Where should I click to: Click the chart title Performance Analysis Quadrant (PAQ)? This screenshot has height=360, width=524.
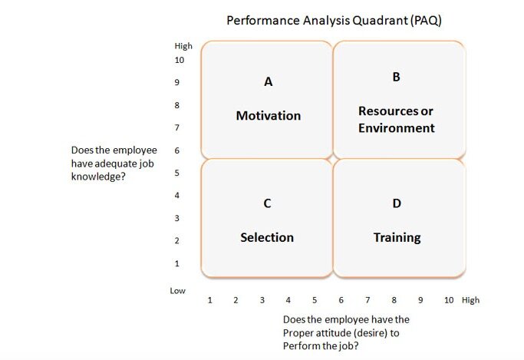coord(334,21)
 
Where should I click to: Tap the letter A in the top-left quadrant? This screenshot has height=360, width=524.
coord(269,81)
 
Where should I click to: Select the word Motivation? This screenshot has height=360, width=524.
coord(269,116)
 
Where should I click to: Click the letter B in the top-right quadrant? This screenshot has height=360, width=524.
coord(396,77)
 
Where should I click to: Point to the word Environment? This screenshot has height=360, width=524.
coord(397,128)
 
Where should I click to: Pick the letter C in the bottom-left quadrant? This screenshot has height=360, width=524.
coord(267,203)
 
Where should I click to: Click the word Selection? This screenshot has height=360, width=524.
coord(267,237)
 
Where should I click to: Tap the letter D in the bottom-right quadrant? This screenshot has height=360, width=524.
coord(397,203)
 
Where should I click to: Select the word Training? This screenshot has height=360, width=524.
coord(397,238)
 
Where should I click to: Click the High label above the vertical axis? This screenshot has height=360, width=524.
coord(183,46)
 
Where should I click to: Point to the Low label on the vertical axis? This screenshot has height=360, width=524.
coord(177,291)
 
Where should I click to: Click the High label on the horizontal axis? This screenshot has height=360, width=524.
coord(470,300)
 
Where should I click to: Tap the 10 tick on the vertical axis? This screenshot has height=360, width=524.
coord(179,60)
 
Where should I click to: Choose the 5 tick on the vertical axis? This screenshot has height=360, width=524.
coord(176,173)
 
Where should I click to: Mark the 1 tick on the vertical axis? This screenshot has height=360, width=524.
coord(176,264)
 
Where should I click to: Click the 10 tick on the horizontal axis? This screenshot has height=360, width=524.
coord(449,300)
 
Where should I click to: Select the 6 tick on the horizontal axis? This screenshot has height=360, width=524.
coord(341,300)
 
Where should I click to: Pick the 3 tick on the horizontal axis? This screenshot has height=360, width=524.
coord(262,300)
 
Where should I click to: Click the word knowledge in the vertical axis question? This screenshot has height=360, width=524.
coord(98,177)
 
